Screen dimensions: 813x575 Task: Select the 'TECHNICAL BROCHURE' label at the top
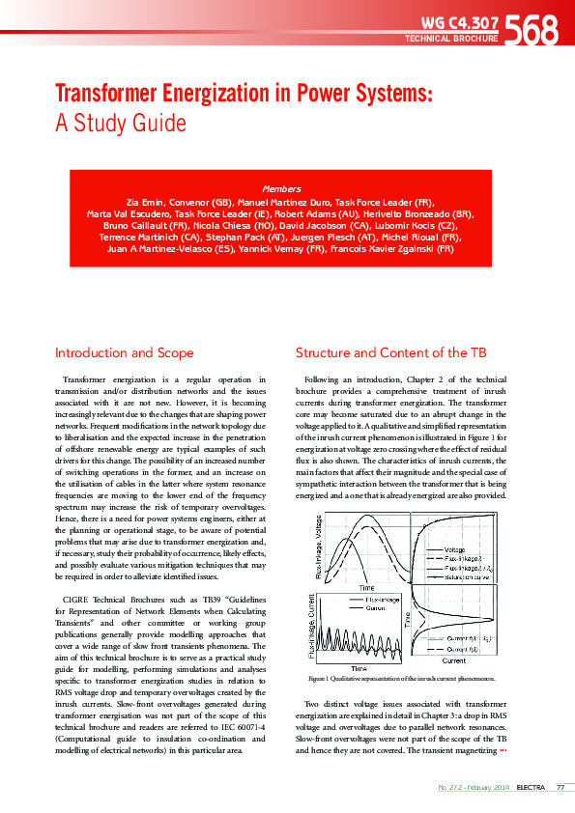pyautogui.click(x=451, y=39)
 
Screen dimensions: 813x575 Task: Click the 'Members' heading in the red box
pyautogui.click(x=281, y=188)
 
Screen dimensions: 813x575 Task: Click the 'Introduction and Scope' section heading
pyautogui.click(x=124, y=352)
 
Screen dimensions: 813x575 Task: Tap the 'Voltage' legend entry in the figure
pyautogui.click(x=455, y=550)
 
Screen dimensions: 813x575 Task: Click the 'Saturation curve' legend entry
pyautogui.click(x=468, y=577)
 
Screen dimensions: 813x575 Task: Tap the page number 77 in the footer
pyautogui.click(x=560, y=787)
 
